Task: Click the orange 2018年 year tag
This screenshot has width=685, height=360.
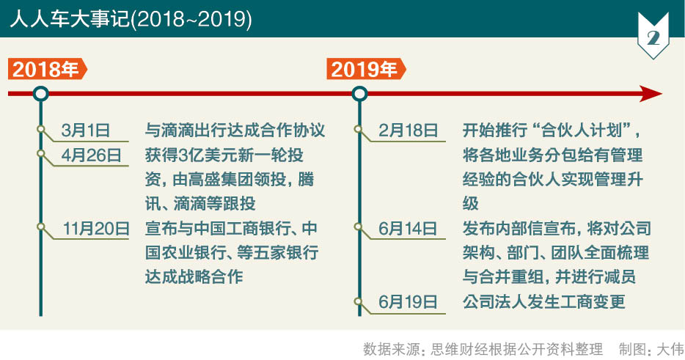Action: pos(47,70)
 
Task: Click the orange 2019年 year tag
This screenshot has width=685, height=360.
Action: pos(366,70)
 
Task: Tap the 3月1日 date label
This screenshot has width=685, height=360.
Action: pos(86,131)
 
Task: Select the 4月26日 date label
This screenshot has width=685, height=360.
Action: pos(91,155)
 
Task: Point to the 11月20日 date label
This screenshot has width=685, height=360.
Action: pos(96,229)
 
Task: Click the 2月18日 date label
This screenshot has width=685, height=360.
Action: pos(409,131)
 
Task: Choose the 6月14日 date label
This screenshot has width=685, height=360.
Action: pos(408,229)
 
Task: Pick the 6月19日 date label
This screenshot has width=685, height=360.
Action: pos(408,302)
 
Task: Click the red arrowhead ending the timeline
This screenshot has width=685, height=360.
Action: pos(651,94)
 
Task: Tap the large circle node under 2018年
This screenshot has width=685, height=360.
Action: pos(41,94)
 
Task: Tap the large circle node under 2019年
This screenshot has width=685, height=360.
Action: pos(359,94)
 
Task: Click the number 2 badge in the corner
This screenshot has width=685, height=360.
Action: pos(653,36)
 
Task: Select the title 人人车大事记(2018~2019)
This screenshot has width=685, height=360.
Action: pos(131,19)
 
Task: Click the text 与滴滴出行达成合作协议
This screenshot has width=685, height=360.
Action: pos(235,131)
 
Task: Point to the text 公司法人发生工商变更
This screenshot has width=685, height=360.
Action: pos(544,302)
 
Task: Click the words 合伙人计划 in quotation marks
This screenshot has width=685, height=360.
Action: pos(581,131)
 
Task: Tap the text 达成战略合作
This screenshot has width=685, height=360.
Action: pos(194,277)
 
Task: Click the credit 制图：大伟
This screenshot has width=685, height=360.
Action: pos(651,349)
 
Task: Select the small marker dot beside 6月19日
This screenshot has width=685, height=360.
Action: pos(358,301)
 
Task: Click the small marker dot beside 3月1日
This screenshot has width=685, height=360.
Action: pos(40,129)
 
